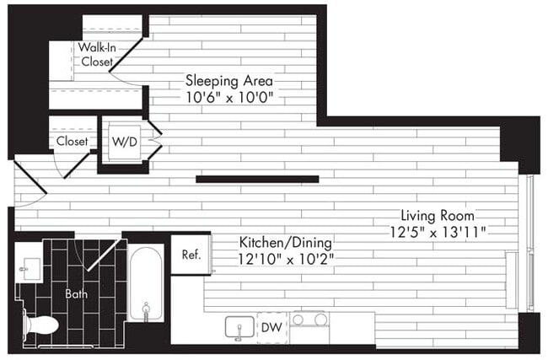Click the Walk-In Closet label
click(x=98, y=55)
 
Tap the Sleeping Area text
click(x=229, y=82)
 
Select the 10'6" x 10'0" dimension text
click(x=229, y=98)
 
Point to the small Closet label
click(x=73, y=142)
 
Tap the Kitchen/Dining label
click(x=280, y=241)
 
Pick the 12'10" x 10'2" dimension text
click(x=280, y=257)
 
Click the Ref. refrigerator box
click(x=191, y=255)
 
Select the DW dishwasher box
click(x=271, y=326)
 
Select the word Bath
click(x=77, y=294)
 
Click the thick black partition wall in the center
click(x=257, y=179)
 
